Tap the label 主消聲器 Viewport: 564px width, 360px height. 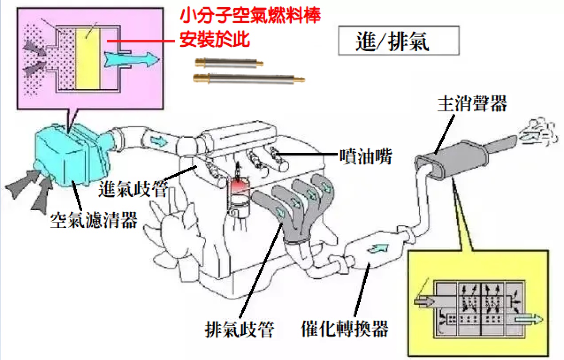472,104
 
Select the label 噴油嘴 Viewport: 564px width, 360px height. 366,156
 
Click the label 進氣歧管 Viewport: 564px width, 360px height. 133,189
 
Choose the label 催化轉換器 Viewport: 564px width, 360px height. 345,328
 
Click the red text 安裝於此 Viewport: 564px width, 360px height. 215,40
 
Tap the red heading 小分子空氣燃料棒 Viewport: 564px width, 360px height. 250,17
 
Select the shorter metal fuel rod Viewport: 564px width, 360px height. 229,63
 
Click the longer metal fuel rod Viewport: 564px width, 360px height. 249,79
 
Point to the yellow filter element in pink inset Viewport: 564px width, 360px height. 88,59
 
